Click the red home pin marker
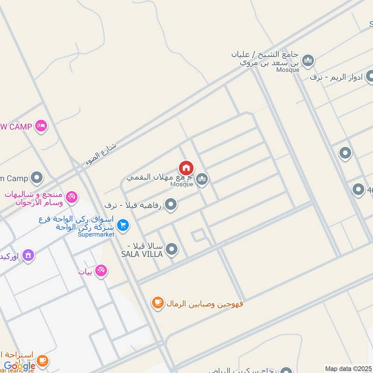[186, 168]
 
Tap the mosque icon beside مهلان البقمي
[202, 179]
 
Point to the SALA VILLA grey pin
[172, 249]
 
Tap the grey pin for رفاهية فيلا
[171, 204]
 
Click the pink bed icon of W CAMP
[41, 126]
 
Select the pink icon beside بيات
[101, 270]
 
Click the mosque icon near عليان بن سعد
[308, 61]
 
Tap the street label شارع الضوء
[101, 154]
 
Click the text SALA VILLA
[142, 254]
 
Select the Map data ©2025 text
[348, 368]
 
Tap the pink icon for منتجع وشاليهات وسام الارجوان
[72, 197]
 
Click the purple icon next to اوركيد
[28, 256]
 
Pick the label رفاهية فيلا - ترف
[134, 205]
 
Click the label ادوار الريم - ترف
[336, 77]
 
